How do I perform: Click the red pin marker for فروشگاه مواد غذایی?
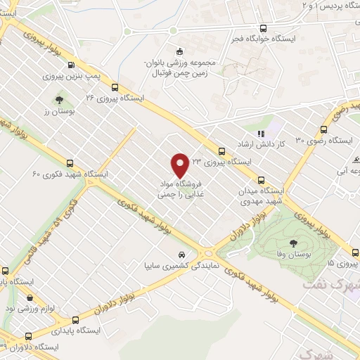click(181, 165)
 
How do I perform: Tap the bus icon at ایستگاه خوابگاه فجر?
click(263, 29)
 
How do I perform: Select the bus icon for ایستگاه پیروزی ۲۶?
click(114, 88)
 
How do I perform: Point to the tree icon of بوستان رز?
click(59, 100)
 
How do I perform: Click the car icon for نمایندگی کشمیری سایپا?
click(181, 255)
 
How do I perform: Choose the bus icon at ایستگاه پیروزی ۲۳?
click(221, 151)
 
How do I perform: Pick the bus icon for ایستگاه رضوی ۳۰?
click(323, 129)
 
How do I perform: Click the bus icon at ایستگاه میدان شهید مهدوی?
click(261, 179)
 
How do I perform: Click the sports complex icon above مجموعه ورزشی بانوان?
click(180, 51)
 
